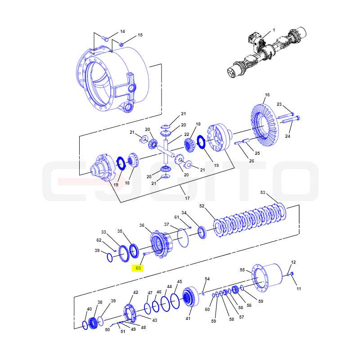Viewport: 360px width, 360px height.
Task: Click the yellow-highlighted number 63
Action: click(x=138, y=268)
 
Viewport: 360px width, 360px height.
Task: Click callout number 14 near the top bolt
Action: click(x=122, y=31)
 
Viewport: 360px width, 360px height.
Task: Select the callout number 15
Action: click(x=140, y=35)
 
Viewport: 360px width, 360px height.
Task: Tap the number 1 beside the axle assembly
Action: click(x=274, y=30)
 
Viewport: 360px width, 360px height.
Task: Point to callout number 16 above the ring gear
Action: click(x=267, y=95)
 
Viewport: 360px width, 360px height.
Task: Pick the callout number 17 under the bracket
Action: click(x=187, y=198)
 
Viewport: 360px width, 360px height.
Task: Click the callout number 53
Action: click(x=263, y=193)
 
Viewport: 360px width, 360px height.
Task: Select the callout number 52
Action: click(x=202, y=206)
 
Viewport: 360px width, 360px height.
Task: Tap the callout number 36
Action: click(x=142, y=225)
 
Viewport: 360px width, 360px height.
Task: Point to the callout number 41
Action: click(x=188, y=319)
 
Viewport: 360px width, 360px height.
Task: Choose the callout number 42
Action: click(x=136, y=292)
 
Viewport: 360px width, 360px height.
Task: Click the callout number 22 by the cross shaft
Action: click(x=187, y=134)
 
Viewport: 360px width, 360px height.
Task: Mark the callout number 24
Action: click(x=288, y=136)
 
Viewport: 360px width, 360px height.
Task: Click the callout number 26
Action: click(x=252, y=161)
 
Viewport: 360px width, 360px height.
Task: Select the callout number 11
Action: click(x=299, y=288)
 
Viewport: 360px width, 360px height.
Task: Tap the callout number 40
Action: click(x=89, y=309)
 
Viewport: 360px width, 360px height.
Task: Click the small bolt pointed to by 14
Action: click(x=105, y=39)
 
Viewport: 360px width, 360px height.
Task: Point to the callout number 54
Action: click(x=207, y=279)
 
